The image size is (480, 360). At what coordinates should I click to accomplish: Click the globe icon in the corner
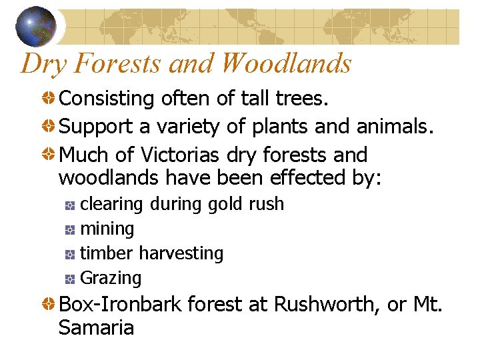[x=37, y=25]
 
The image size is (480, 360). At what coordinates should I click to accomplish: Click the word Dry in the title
[x=44, y=63]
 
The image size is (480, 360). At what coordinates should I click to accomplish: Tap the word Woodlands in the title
[x=287, y=63]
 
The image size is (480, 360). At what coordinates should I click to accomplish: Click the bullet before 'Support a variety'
[x=49, y=127]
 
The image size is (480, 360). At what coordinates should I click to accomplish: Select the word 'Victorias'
[x=180, y=155]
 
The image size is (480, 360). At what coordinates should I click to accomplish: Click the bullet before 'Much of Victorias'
[x=49, y=155]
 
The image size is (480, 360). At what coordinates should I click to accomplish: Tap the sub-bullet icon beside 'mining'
[x=70, y=230]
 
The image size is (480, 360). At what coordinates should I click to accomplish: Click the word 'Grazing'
[x=111, y=278]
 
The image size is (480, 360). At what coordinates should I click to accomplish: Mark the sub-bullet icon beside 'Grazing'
[x=70, y=279]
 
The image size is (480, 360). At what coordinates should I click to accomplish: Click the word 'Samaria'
[x=96, y=328]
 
